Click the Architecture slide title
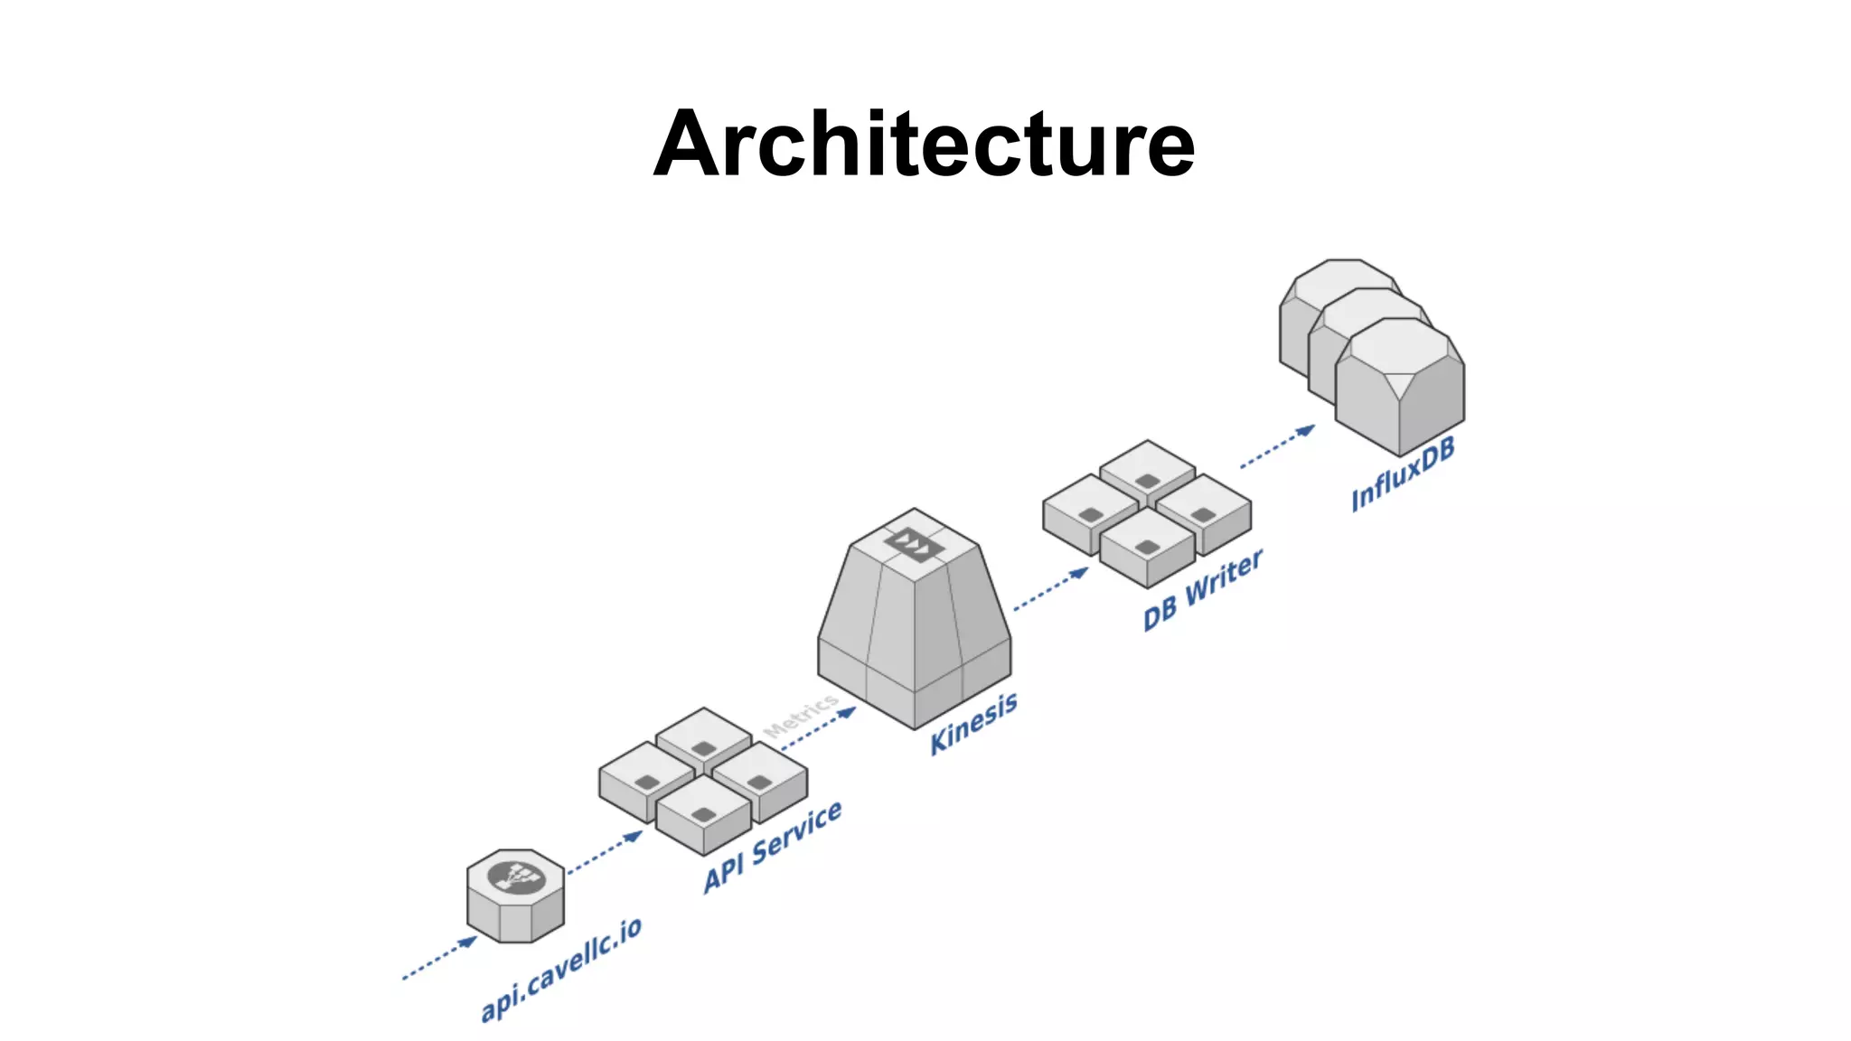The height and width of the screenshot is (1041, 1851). tap(924, 145)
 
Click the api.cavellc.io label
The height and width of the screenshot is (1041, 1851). tap(560, 969)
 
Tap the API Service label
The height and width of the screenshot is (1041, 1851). tap(773, 847)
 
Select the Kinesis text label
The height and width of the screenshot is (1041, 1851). tap(973, 723)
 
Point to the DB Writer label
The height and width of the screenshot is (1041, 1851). tap(1202, 590)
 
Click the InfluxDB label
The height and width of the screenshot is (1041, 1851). tap(1403, 475)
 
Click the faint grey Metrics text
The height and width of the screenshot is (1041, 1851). tap(801, 716)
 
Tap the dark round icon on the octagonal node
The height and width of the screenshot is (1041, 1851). tap(516, 877)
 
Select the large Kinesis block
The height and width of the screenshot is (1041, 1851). tap(915, 633)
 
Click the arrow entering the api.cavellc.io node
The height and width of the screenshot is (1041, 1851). tap(440, 959)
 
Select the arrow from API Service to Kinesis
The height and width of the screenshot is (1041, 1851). tap(819, 728)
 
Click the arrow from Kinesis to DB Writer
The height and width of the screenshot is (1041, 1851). tap(1051, 589)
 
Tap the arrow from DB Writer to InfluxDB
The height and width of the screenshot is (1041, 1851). tap(1278, 446)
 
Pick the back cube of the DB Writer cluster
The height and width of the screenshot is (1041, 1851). tap(1148, 470)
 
